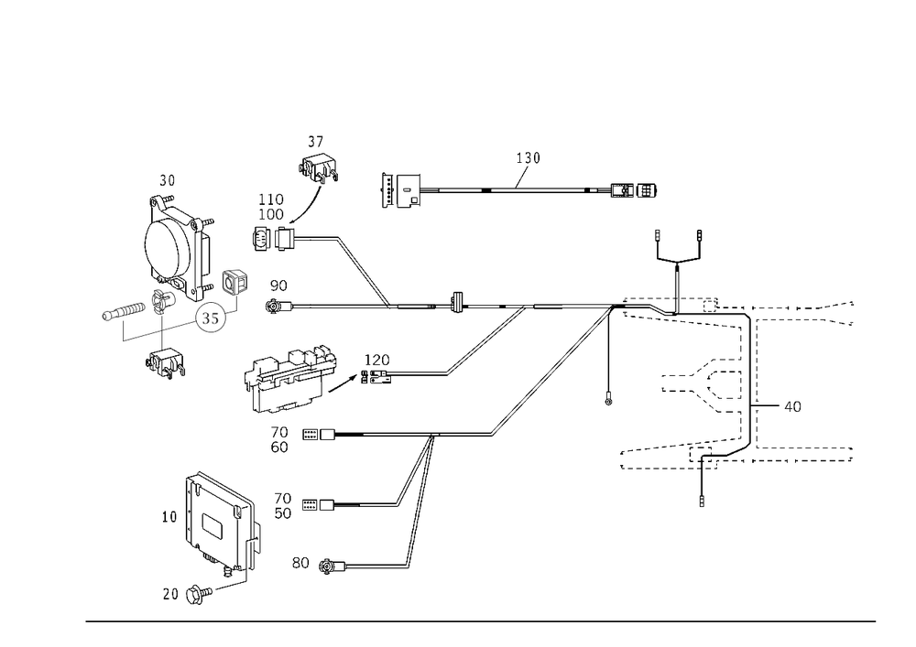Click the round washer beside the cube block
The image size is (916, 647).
[213, 318]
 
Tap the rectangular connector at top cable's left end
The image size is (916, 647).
[401, 190]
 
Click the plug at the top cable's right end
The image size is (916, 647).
[635, 191]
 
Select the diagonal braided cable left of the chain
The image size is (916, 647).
[485, 343]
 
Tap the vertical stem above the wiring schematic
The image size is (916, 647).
[675, 279]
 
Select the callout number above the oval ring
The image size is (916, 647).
[167, 176]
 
